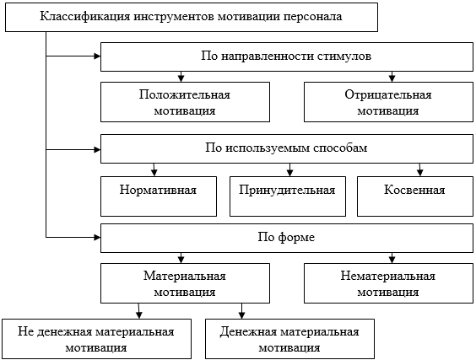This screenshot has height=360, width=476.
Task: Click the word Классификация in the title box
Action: click(x=85, y=17)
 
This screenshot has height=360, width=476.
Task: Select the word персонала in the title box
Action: click(x=312, y=18)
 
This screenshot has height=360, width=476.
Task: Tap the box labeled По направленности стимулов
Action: click(x=287, y=56)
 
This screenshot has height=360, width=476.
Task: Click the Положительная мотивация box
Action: click(x=185, y=102)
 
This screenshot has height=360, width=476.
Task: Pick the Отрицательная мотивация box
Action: click(x=388, y=102)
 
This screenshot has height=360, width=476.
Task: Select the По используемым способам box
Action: click(x=287, y=148)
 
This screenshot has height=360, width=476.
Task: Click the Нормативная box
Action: click(x=159, y=196)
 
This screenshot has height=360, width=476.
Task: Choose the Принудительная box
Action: click(x=288, y=196)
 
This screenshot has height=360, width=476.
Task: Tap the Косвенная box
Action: click(x=415, y=196)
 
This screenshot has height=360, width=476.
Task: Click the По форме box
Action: click(x=287, y=238)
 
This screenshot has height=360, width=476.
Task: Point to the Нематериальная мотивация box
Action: click(x=388, y=283)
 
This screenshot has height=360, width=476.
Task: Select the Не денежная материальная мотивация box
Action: click(x=96, y=339)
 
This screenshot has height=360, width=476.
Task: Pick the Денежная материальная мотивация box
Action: click(x=289, y=339)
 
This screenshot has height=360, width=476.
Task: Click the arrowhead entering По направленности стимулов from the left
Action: click(x=97, y=56)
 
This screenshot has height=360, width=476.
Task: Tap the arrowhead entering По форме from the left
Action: click(x=97, y=237)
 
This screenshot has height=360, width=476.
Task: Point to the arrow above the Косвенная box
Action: click(x=419, y=169)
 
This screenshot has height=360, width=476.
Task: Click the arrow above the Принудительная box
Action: click(x=290, y=169)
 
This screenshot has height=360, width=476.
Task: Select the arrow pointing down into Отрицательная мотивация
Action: click(x=392, y=77)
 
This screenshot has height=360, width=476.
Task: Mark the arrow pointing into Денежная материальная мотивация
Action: click(x=241, y=311)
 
